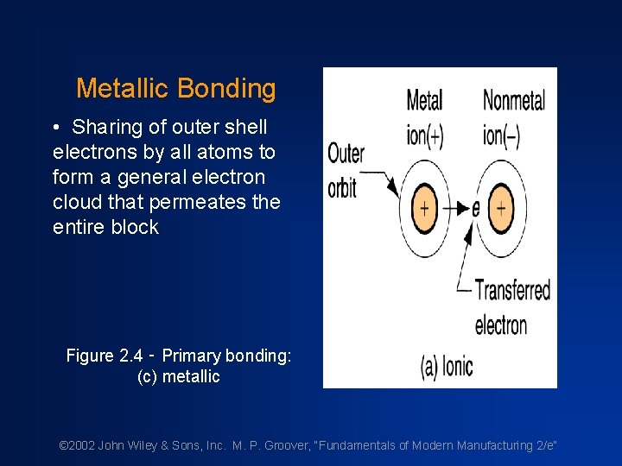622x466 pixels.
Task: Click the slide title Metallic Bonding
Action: [x=175, y=88]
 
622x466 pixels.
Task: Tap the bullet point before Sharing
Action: [x=55, y=128]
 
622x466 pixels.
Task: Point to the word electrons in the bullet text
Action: [x=90, y=153]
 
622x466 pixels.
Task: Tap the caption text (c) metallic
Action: [x=179, y=376]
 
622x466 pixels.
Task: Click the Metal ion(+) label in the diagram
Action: [x=424, y=118]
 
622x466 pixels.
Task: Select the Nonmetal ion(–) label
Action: [x=513, y=118]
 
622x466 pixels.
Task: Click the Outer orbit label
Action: [x=346, y=170]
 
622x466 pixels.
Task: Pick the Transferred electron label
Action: [x=511, y=306]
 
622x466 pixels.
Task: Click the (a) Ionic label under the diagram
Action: [x=447, y=366]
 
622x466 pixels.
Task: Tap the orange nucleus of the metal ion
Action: [x=424, y=208]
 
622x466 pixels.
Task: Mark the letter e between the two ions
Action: [x=475, y=209]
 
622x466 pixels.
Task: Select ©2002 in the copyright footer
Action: [x=76, y=445]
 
